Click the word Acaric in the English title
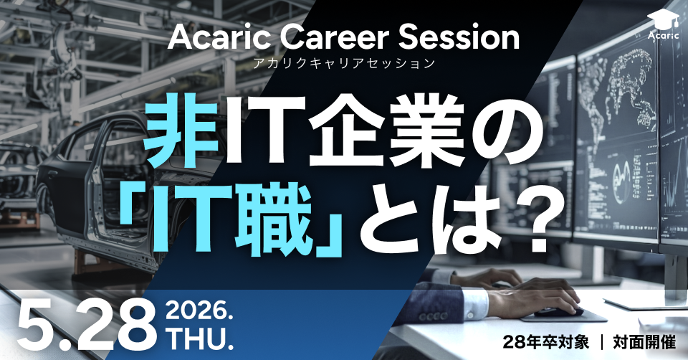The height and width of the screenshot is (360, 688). (x=213, y=38)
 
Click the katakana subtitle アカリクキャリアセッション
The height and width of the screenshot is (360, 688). (x=344, y=64)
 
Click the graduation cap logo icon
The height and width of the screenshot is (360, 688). (x=661, y=19)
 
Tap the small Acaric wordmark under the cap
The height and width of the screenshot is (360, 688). (x=661, y=34)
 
